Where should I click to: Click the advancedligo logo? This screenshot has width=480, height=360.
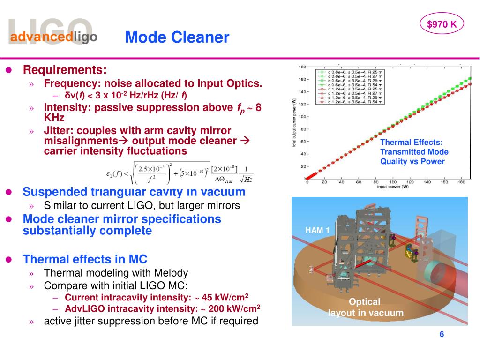click(x=54, y=37)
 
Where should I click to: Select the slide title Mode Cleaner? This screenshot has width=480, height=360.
click(x=177, y=37)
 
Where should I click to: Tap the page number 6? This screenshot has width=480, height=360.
click(x=442, y=334)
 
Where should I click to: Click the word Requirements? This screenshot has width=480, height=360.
click(x=65, y=70)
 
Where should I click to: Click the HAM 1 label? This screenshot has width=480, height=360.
click(x=317, y=230)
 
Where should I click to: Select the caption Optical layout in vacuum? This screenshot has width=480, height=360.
click(x=365, y=307)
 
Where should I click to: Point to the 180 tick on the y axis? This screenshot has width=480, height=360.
click(x=302, y=67)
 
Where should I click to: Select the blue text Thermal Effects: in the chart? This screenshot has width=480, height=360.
click(x=411, y=142)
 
